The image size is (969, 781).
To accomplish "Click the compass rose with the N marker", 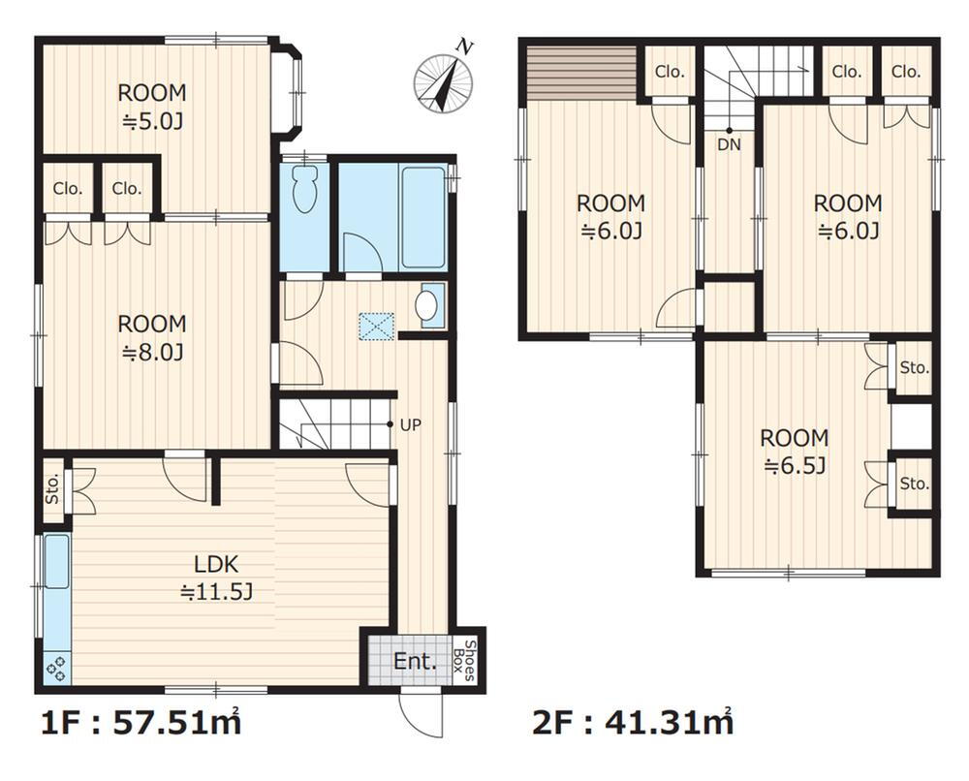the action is point(444,81).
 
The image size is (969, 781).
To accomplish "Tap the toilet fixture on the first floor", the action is point(304,188).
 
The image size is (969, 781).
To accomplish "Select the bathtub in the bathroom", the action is point(422,217).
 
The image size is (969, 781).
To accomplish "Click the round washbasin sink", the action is point(425,305).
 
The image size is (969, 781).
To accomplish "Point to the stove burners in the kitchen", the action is point(56,669).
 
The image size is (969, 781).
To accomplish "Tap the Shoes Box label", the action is point(464,661).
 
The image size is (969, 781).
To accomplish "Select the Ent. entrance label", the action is point(415,662).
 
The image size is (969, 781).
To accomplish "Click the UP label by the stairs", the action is point(411,425).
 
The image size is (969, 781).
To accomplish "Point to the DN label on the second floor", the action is point(729,145).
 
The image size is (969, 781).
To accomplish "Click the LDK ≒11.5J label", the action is point(216,578).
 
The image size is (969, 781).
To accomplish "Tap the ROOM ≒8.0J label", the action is point(152,337).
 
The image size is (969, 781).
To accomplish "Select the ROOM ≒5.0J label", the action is point(152,107).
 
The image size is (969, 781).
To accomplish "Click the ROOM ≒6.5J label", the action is point(795,452).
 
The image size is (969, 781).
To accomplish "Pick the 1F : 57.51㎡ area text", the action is point(141,723).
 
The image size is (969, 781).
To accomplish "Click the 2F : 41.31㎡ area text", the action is point(633,722).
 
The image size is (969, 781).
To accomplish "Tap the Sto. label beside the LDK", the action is point(52,489).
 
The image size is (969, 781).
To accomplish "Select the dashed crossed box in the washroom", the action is point(376,326).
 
